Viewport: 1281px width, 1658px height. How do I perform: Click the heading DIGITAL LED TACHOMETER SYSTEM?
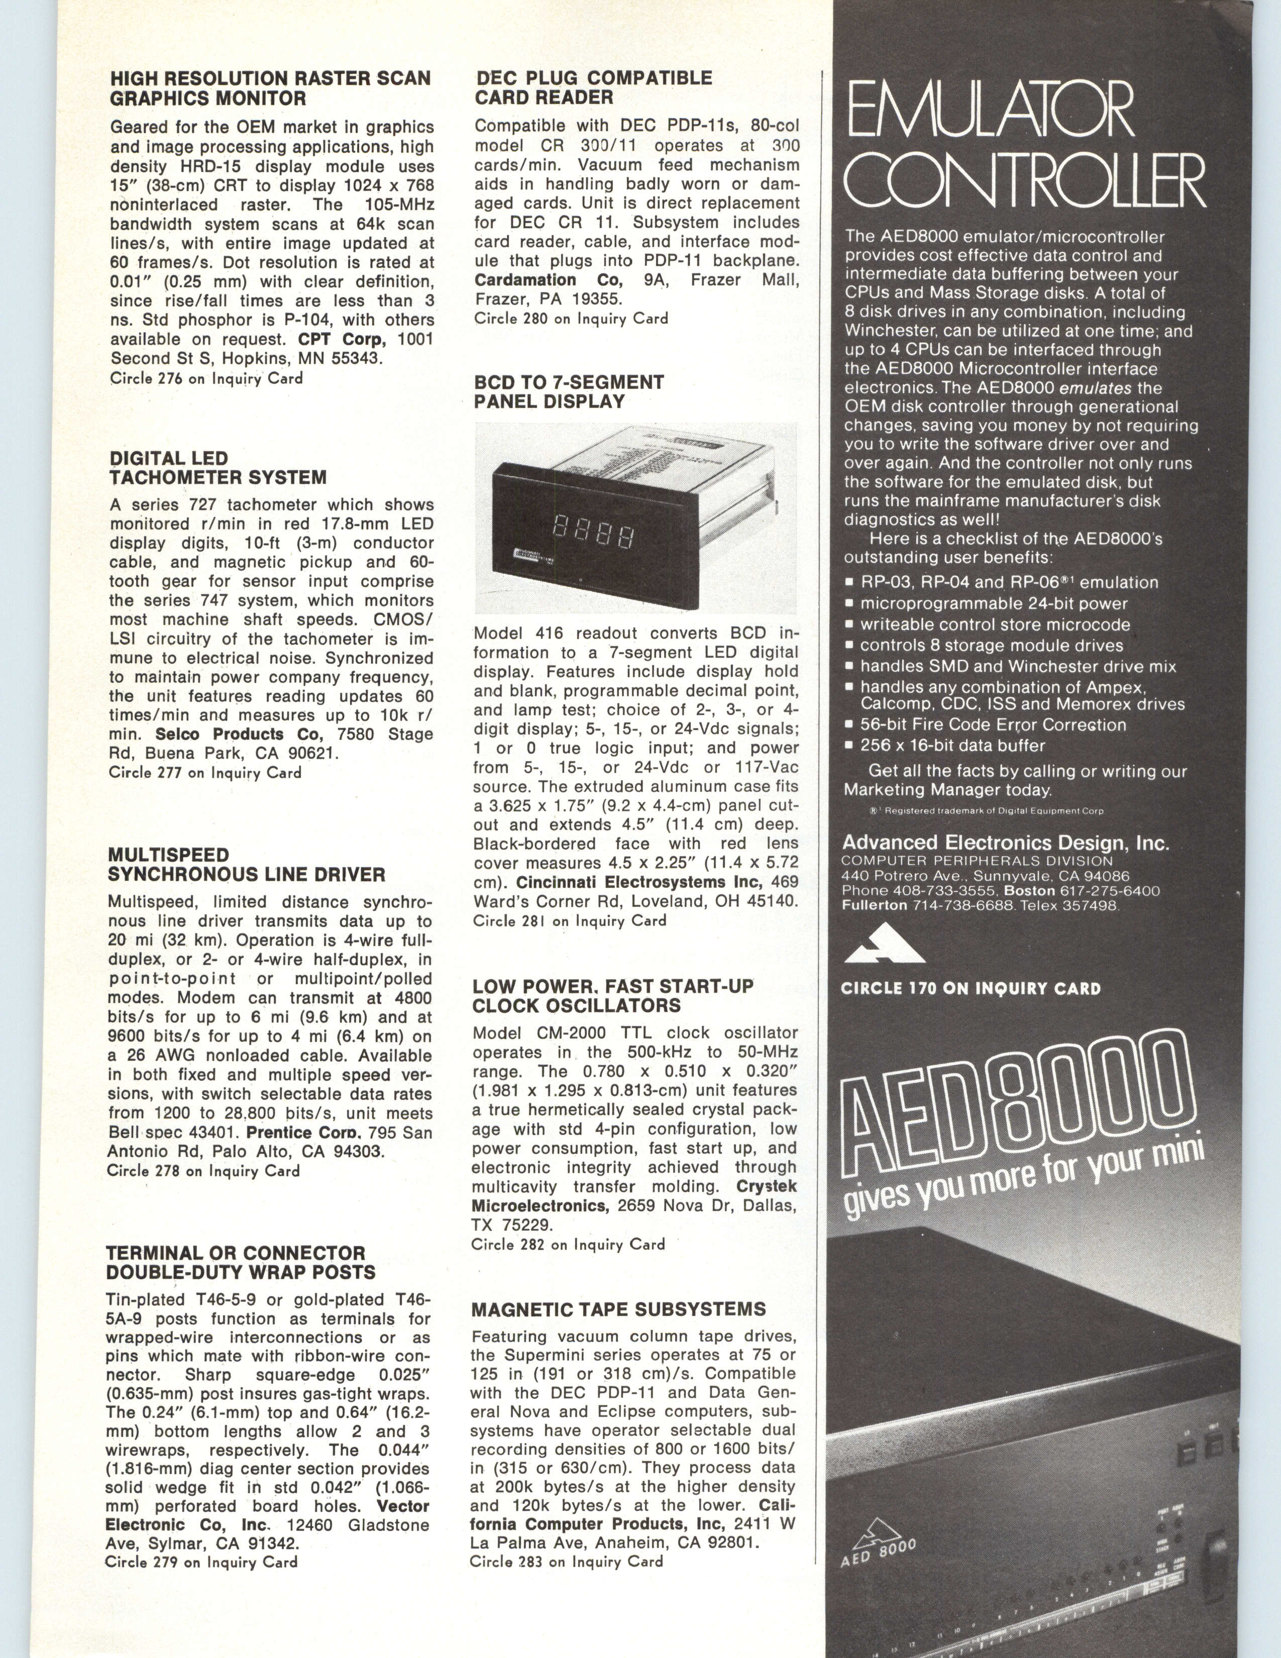pyautogui.click(x=218, y=468)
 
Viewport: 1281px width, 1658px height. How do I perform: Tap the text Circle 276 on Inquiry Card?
pyautogui.click(x=206, y=378)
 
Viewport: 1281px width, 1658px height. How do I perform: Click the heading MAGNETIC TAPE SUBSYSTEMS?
pyautogui.click(x=618, y=1309)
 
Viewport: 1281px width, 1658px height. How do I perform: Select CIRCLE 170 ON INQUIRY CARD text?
pyautogui.click(x=971, y=988)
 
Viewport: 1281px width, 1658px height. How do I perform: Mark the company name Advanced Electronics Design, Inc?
pyautogui.click(x=1006, y=843)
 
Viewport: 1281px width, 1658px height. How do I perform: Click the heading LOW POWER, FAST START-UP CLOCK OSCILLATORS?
pyautogui.click(x=612, y=995)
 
